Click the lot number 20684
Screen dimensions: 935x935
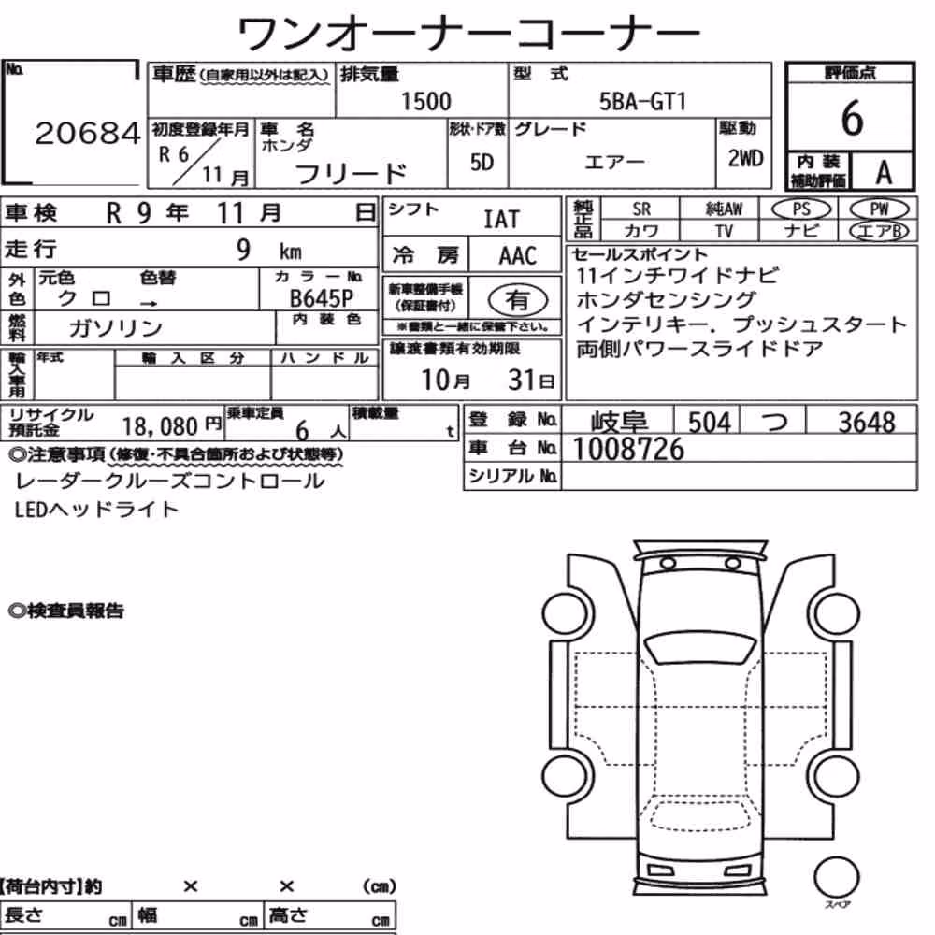tap(88, 133)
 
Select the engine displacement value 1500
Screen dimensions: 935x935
tap(425, 101)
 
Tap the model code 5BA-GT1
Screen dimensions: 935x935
tap(643, 101)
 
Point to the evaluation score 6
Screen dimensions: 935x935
tap(852, 118)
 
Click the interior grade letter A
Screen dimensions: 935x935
tap(884, 173)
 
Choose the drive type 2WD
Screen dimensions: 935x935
tap(745, 158)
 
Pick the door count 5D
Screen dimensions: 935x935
tap(482, 162)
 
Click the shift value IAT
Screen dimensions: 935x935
tap(501, 220)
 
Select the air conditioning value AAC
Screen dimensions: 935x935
tap(518, 256)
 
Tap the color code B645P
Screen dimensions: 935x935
tap(322, 297)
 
